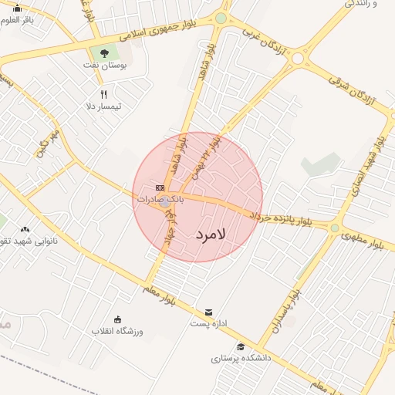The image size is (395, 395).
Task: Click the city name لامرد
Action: click(x=209, y=234)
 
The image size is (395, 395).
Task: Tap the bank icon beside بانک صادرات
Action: click(x=160, y=187)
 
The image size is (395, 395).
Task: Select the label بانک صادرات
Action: click(x=157, y=199)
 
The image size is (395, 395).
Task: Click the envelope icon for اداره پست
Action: click(x=208, y=312)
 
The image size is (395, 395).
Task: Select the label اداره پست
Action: click(x=208, y=323)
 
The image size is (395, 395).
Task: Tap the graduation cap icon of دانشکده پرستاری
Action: click(x=241, y=347)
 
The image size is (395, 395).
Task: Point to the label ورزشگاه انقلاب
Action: click(x=118, y=331)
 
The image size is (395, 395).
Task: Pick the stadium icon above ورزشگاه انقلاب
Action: click(x=118, y=319)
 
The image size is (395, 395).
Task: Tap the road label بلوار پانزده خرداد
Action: click(x=279, y=218)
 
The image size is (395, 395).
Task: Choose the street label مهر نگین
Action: click(x=47, y=144)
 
